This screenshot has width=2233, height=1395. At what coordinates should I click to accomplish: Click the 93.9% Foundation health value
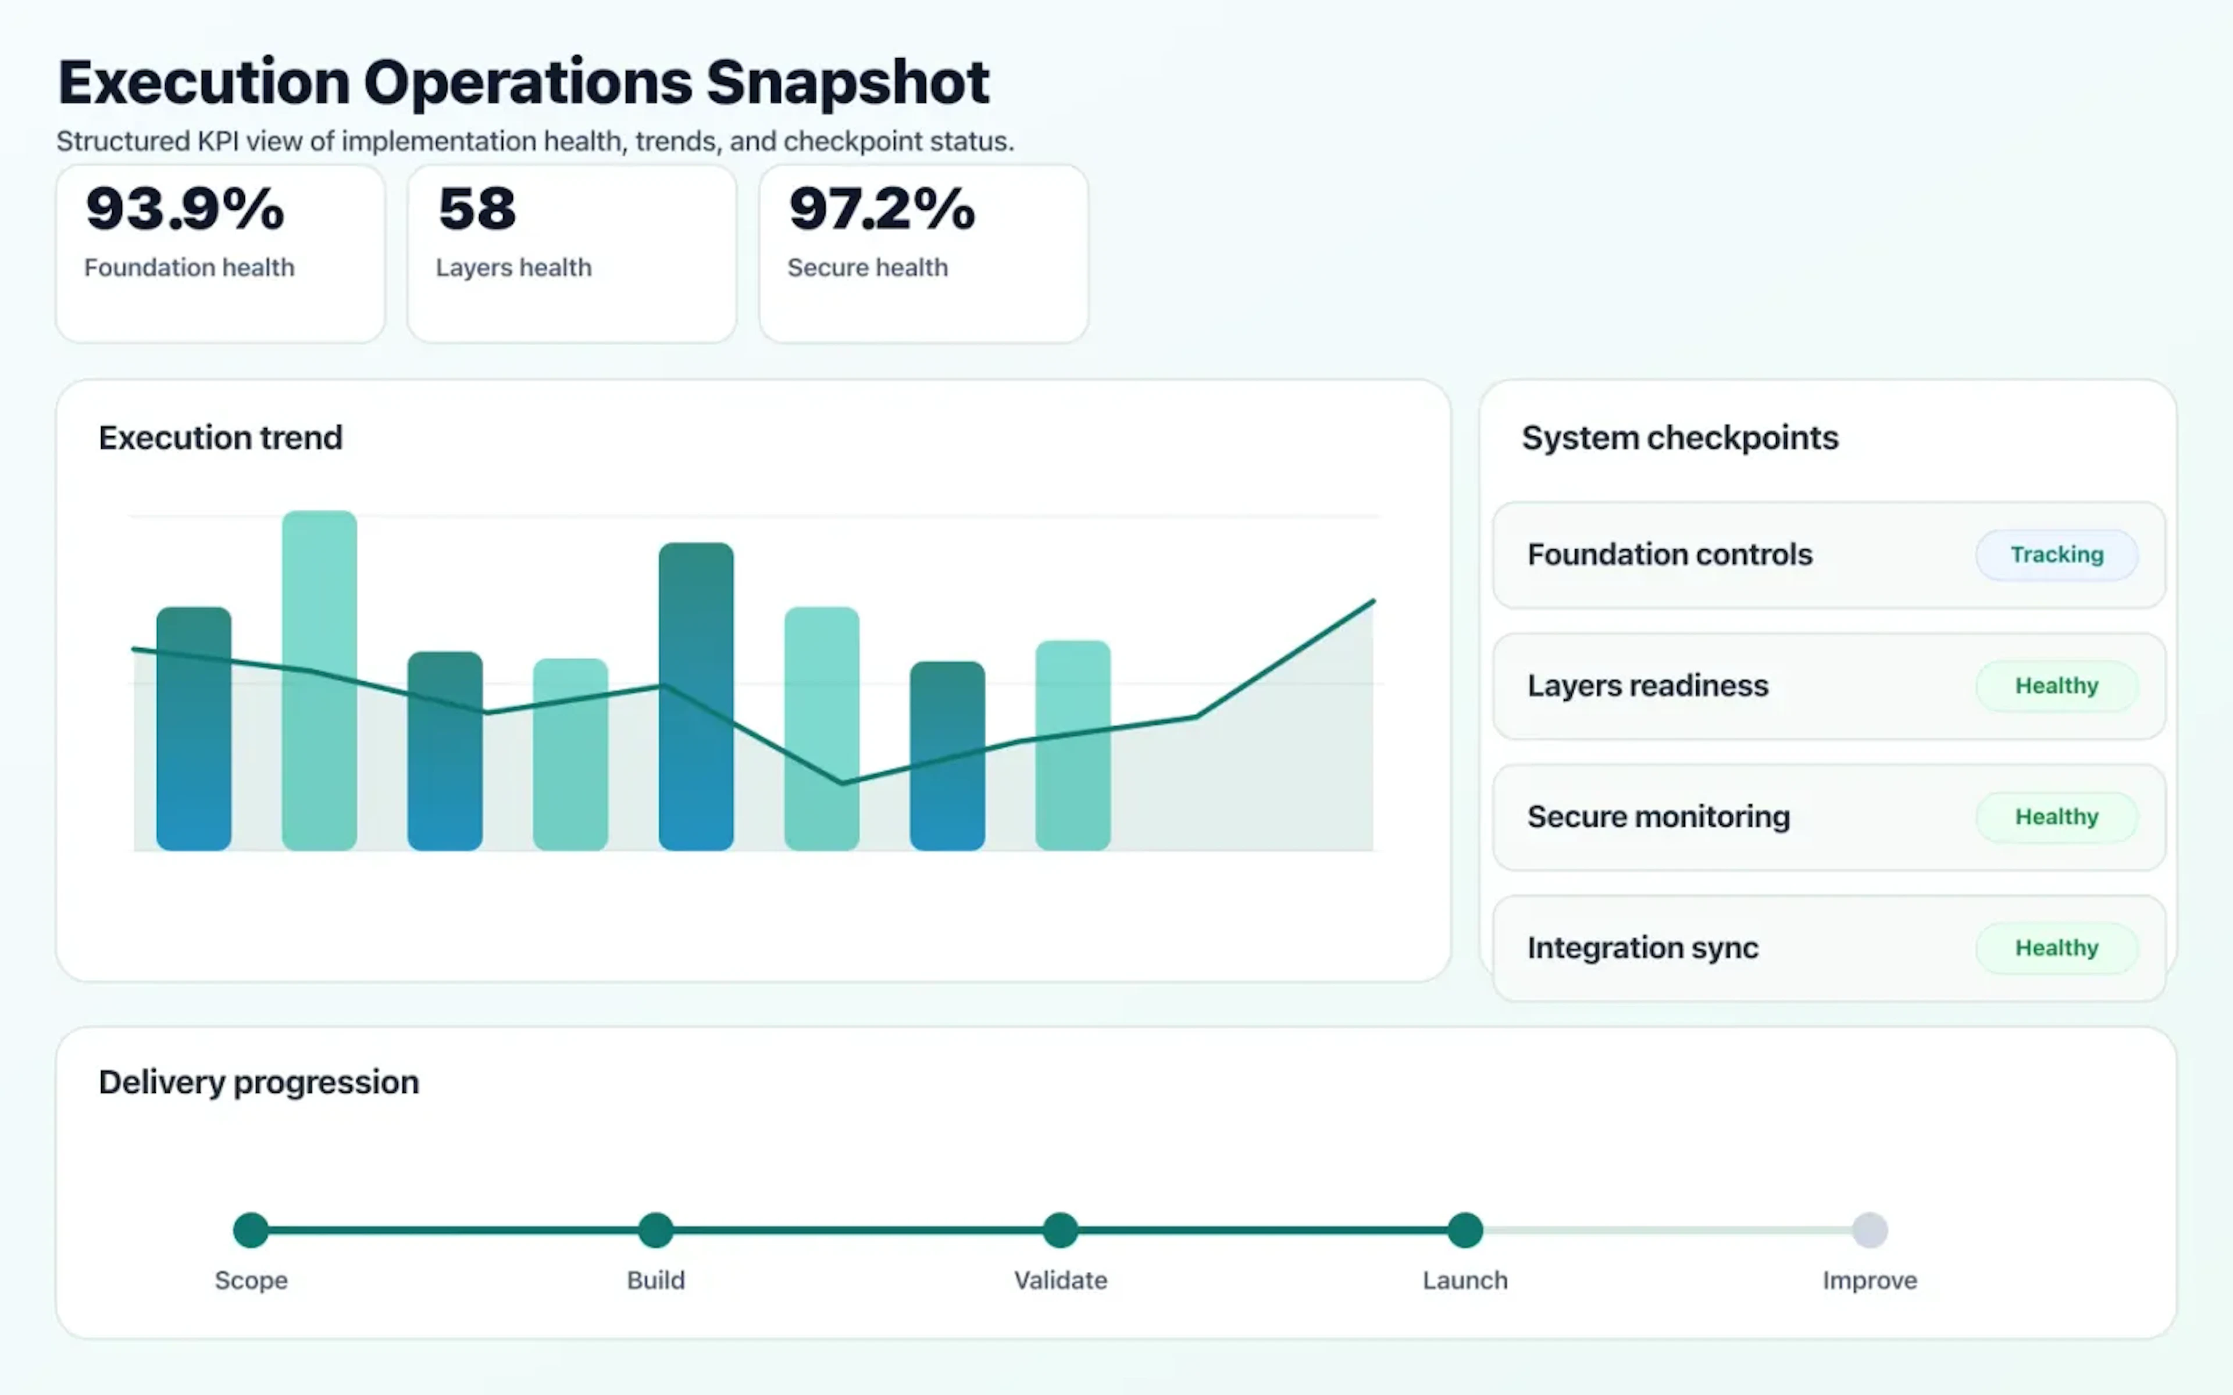(x=184, y=209)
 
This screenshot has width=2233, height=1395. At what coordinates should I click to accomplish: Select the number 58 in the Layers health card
(x=477, y=209)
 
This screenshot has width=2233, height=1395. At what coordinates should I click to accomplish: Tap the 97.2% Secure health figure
(x=881, y=209)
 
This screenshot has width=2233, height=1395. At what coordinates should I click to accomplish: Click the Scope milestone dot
(x=251, y=1230)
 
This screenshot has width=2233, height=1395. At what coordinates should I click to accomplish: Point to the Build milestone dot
(x=656, y=1230)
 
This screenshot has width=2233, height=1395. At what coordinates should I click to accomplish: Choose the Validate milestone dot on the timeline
(x=1060, y=1230)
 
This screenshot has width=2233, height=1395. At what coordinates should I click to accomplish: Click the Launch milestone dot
(x=1464, y=1230)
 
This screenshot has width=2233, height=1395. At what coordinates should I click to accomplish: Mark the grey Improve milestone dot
(x=1870, y=1230)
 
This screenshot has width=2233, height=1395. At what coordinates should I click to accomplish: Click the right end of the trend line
(x=1372, y=602)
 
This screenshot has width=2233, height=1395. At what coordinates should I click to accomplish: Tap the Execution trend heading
(x=220, y=437)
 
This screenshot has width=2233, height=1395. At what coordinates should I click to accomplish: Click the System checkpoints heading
(x=1679, y=437)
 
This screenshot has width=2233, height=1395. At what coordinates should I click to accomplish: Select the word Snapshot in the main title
(x=847, y=83)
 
